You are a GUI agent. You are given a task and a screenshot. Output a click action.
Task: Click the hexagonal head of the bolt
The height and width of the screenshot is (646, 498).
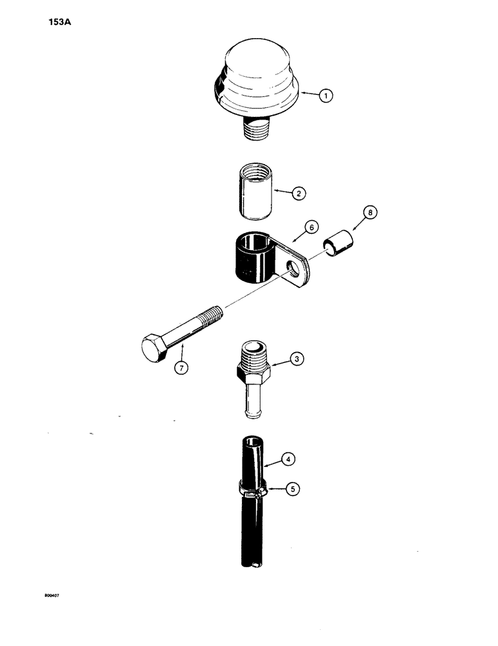[155, 349]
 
